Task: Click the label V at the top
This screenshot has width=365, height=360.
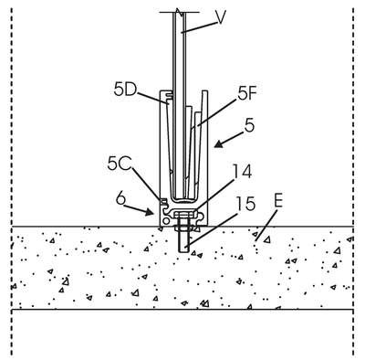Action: (x=221, y=17)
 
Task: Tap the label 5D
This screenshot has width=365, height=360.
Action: (x=125, y=90)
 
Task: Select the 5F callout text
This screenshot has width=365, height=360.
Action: (x=245, y=95)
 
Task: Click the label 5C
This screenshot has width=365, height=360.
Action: (x=120, y=164)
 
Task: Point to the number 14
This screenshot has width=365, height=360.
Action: (x=243, y=172)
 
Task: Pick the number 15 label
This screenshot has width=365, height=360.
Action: (x=245, y=204)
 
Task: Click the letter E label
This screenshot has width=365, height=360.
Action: (x=278, y=202)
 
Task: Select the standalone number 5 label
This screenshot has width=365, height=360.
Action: (x=249, y=125)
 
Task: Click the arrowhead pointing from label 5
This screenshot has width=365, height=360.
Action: (x=218, y=144)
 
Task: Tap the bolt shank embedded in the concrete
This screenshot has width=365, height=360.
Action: (x=183, y=241)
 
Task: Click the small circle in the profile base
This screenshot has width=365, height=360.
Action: (x=166, y=220)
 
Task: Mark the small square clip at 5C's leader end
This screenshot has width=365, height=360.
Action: (x=163, y=201)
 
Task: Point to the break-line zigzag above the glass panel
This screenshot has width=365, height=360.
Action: (x=180, y=12)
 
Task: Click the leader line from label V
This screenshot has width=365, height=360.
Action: (x=199, y=26)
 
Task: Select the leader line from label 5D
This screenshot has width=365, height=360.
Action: (x=152, y=97)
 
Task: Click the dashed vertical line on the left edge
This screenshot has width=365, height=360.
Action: (x=12, y=180)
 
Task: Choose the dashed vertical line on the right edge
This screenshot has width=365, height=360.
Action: (x=353, y=180)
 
